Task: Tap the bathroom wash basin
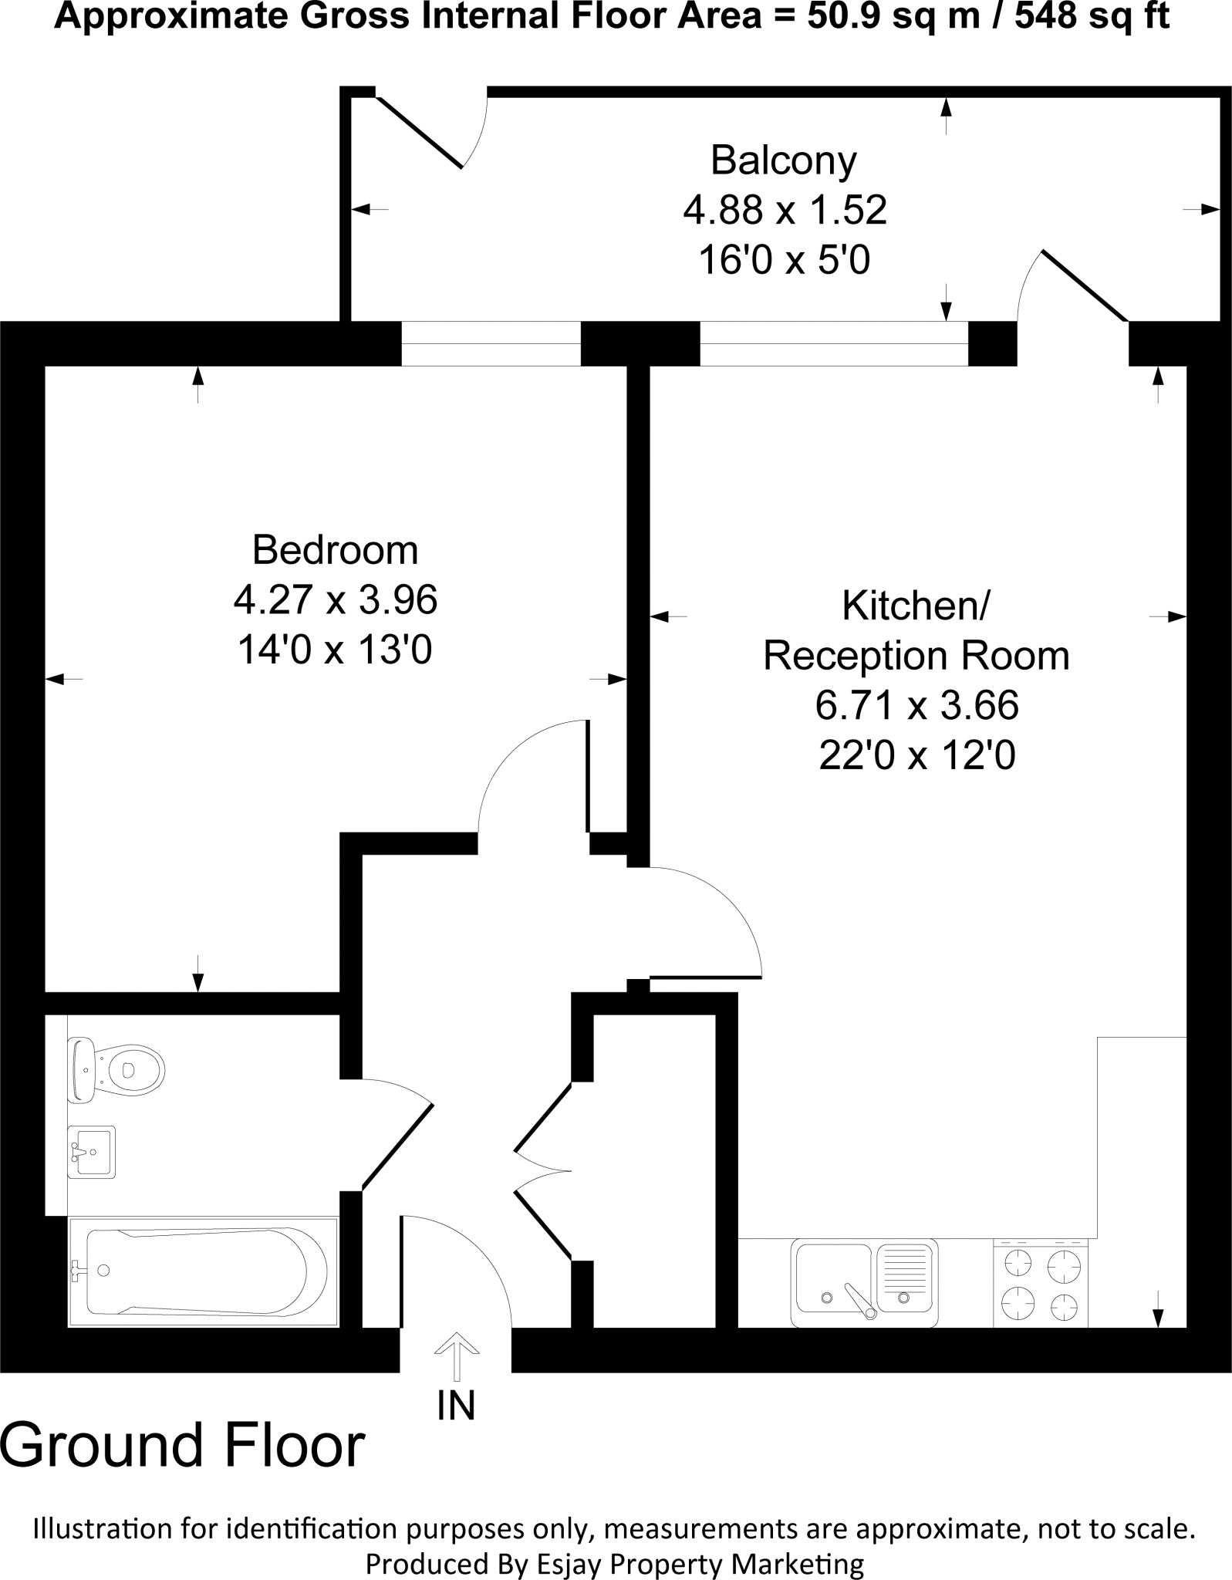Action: click(x=92, y=1151)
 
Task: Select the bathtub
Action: click(x=202, y=1271)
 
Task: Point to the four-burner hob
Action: click(x=1040, y=1283)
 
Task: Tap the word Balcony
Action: click(x=783, y=160)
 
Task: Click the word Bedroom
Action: click(x=335, y=550)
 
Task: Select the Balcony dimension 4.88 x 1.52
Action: click(x=785, y=210)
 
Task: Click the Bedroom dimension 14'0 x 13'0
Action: click(x=335, y=650)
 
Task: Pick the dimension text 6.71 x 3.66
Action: click(x=916, y=705)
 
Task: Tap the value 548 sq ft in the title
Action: click(x=1092, y=17)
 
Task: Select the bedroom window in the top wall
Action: click(x=491, y=343)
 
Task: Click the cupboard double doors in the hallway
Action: click(x=543, y=1173)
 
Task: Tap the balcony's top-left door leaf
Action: click(x=419, y=132)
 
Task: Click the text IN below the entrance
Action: click(x=456, y=1405)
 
